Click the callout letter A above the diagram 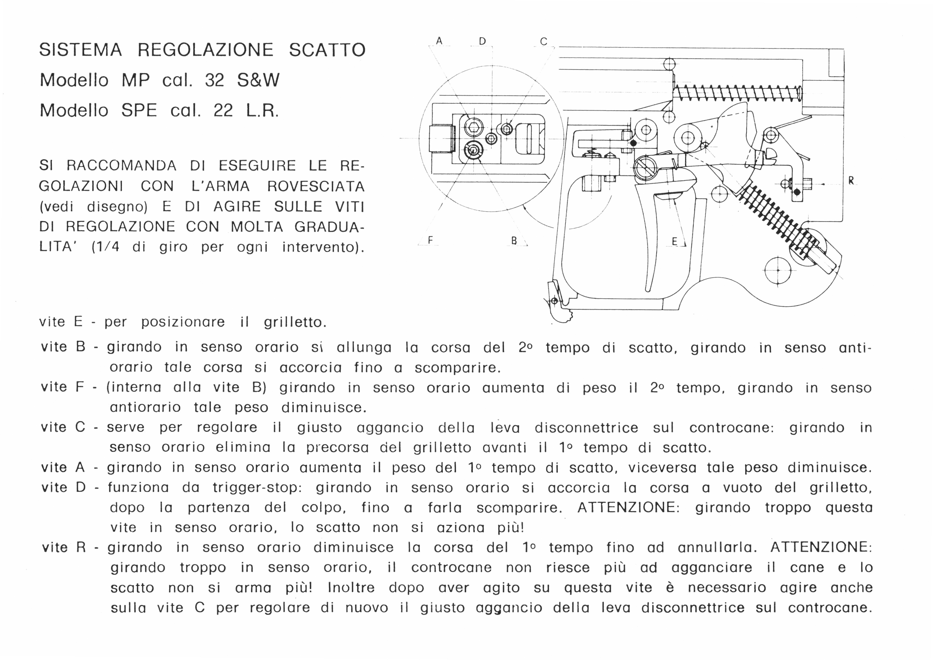tap(439, 41)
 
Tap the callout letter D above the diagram tap(482, 41)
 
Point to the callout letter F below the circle tap(430, 240)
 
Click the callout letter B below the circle tap(514, 241)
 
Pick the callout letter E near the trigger tap(674, 241)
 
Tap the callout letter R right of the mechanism tap(851, 181)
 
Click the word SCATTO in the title tap(327, 50)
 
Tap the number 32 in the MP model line tap(214, 80)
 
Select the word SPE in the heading tap(139, 110)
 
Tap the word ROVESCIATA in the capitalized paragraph tap(316, 186)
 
